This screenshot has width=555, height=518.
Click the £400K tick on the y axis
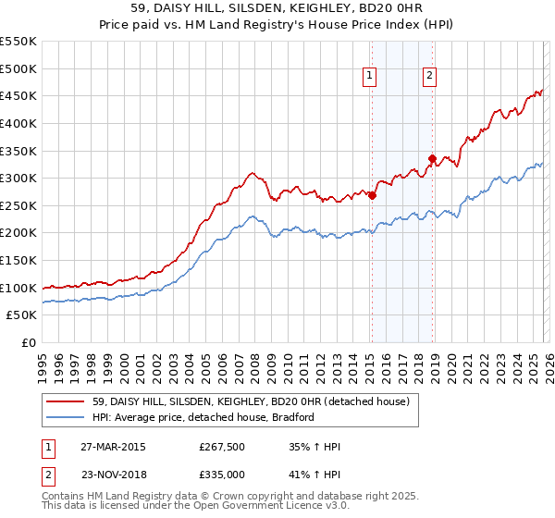(18, 123)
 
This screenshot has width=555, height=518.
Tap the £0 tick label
(27, 342)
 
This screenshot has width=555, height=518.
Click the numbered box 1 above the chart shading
(370, 77)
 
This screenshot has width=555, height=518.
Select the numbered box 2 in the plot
(431, 77)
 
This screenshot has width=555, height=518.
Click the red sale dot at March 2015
(372, 195)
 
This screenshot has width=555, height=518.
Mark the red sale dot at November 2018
(432, 158)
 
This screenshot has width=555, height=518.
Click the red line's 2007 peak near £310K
(251, 172)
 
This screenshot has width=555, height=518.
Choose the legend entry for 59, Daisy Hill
(257, 401)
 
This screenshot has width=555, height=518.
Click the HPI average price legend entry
(203, 417)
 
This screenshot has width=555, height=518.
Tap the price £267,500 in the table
(222, 448)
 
